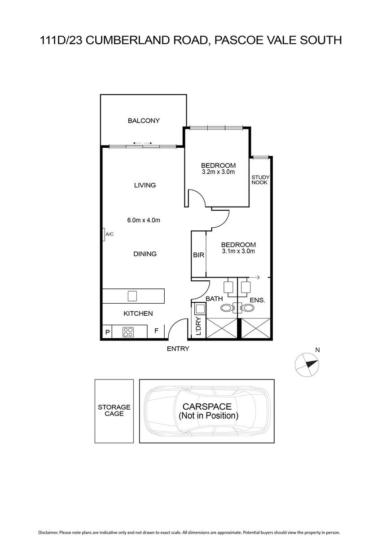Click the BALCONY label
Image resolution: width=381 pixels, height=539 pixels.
(x=144, y=120)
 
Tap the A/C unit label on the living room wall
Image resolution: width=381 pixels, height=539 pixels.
(x=109, y=234)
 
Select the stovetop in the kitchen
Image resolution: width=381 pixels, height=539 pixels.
(x=128, y=332)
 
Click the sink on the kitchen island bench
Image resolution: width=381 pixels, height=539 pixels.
(x=132, y=296)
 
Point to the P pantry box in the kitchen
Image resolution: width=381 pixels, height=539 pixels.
(x=107, y=332)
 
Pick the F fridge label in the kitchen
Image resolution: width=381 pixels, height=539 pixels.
(x=156, y=331)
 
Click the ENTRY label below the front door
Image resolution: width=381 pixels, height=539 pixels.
(x=178, y=349)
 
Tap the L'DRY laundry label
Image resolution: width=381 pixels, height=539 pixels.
(x=198, y=326)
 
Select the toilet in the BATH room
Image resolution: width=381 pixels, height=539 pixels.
(x=227, y=308)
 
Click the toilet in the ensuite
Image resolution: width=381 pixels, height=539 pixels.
(x=248, y=308)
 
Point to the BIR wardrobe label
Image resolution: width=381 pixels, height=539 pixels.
(x=198, y=255)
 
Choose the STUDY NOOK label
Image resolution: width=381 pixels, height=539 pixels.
(x=260, y=180)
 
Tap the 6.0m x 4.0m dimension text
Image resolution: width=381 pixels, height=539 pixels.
(x=144, y=220)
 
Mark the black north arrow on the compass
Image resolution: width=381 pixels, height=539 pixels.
(x=312, y=364)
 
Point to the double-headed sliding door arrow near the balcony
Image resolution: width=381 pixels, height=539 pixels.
(x=143, y=143)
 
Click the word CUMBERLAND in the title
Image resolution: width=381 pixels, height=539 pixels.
(x=146, y=40)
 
